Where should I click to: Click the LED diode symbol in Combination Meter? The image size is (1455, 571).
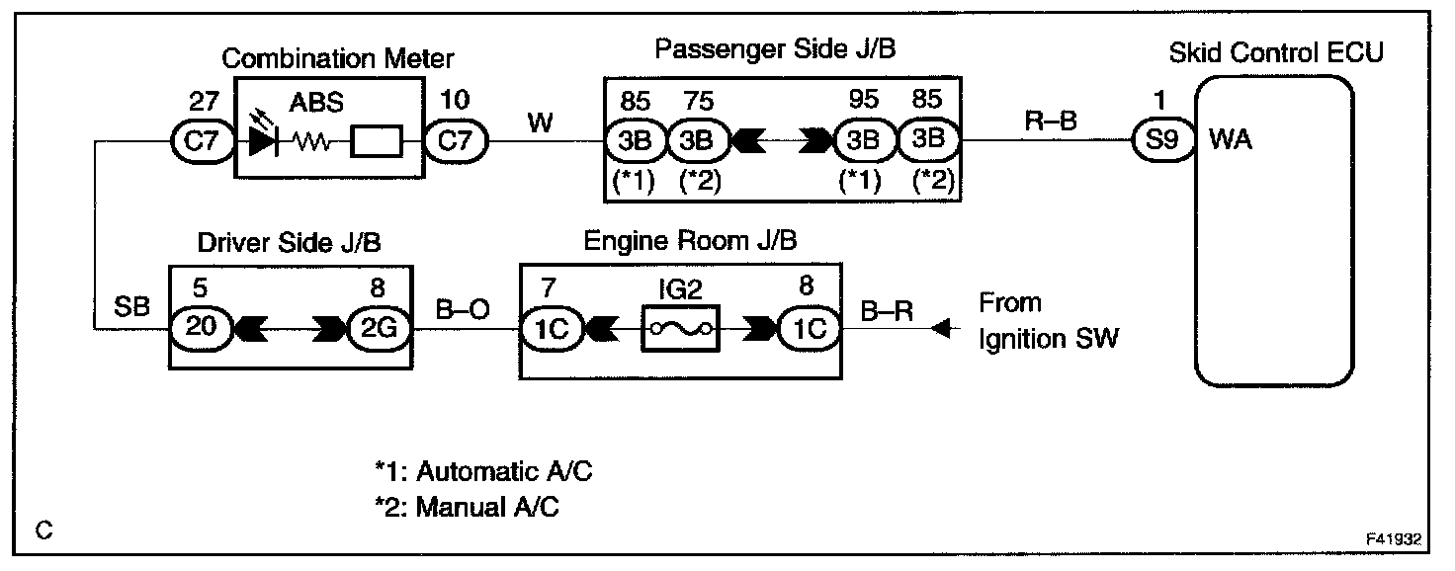tap(263, 142)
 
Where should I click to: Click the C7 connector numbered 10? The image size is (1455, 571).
tap(457, 142)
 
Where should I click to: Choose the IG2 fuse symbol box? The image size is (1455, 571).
tap(681, 328)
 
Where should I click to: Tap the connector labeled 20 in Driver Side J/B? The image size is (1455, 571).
tap(202, 328)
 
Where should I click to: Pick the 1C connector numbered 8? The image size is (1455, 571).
tap(809, 328)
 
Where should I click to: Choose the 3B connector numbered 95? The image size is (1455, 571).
tap(864, 141)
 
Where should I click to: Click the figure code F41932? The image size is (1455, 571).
tap(1393, 540)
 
